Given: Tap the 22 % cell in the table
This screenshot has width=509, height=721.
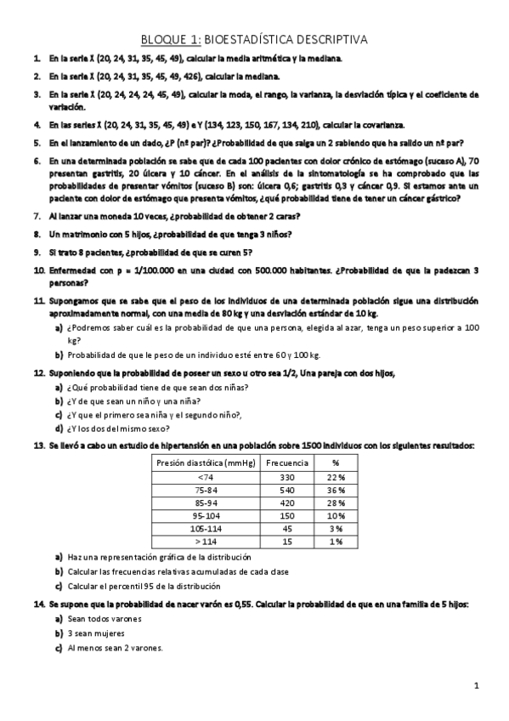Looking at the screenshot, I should pos(336,476).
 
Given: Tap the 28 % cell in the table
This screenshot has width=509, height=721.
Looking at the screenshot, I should pos(336,502).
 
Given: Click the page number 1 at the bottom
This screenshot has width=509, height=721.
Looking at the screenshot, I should pos(478,685).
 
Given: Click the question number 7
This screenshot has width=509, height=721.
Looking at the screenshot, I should pos(37,216).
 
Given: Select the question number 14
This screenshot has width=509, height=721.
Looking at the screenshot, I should pos(38,603).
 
